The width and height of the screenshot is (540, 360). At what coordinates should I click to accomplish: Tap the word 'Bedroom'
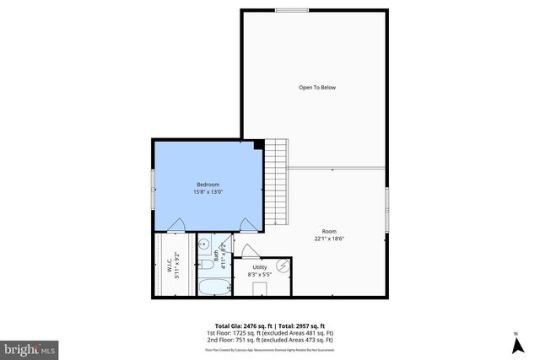208,185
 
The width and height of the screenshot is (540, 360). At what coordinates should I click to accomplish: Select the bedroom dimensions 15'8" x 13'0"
208,191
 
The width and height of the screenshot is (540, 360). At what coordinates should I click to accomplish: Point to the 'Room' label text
328,231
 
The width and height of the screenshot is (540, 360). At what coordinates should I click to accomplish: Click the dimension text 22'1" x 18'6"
328,238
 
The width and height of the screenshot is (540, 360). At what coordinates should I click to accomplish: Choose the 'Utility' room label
259,267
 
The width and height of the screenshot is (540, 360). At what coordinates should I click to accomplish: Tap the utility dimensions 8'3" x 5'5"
259,274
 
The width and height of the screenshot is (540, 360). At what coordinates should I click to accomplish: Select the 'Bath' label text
215,253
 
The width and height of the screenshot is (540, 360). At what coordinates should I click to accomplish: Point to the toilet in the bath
205,266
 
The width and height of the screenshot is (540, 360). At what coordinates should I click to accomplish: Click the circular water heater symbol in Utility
284,266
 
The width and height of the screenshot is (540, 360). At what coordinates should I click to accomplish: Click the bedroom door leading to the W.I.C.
177,224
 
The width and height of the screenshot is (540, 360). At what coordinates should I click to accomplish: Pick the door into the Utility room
250,250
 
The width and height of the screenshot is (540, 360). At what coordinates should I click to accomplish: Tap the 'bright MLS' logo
30,347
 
